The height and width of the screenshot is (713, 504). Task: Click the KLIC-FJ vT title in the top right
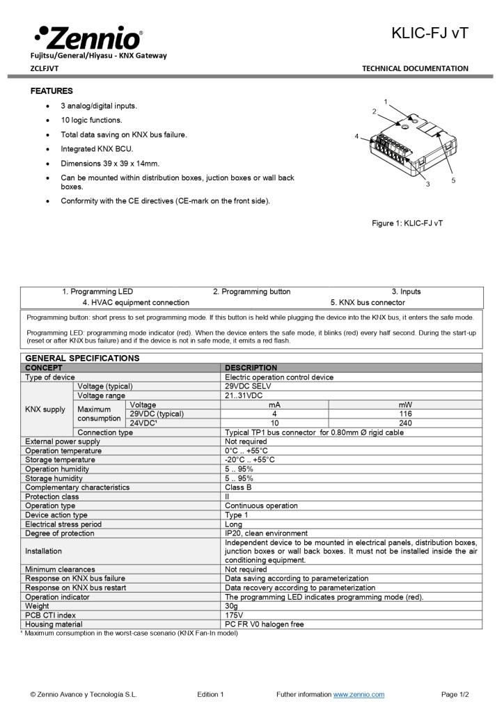430,33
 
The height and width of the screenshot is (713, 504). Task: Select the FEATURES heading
52,91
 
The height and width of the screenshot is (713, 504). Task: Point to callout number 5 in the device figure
453,180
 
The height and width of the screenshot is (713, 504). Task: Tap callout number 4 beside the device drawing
356,136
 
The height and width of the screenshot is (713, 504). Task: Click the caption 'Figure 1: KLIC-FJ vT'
407,224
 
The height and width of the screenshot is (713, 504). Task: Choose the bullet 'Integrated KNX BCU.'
97,149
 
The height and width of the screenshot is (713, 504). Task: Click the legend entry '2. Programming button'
251,292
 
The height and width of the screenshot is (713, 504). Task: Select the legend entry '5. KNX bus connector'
367,303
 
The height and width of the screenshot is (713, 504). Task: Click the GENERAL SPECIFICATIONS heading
82,358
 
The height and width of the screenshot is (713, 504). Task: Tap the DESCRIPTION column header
251,368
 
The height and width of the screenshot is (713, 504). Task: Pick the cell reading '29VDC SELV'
248,386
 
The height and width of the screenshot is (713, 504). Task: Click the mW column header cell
404,405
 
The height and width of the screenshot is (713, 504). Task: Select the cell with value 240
404,423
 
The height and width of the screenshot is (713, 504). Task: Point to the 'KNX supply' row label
45,409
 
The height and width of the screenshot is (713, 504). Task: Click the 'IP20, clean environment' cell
266,533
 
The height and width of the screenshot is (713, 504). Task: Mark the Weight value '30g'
232,606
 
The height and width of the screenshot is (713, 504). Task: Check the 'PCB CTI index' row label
51,615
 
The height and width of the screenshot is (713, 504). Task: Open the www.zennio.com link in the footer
359,694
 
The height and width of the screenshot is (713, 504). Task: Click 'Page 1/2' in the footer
455,694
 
